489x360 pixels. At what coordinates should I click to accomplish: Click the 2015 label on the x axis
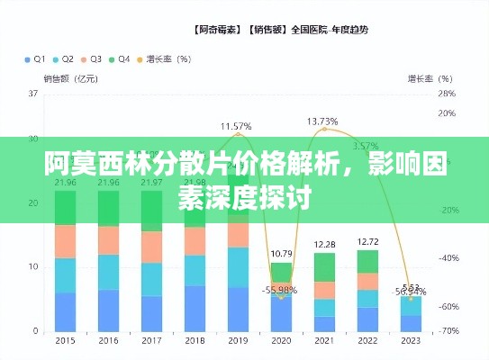(65, 341)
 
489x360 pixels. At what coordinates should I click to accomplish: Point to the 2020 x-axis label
(281, 341)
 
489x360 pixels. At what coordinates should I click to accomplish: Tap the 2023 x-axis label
(410, 341)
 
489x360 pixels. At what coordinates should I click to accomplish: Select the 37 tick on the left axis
(32, 93)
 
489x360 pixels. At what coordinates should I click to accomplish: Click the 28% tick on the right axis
(446, 93)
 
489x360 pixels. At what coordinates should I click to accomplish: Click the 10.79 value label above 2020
(281, 253)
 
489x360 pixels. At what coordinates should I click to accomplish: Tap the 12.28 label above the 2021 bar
(324, 244)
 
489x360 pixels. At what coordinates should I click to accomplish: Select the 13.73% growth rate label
(322, 121)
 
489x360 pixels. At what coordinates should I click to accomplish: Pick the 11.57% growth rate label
(236, 126)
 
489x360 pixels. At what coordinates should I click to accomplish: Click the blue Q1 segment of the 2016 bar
(108, 310)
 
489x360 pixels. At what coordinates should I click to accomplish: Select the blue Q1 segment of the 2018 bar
(195, 308)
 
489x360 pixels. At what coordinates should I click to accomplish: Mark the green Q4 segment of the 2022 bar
(367, 261)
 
